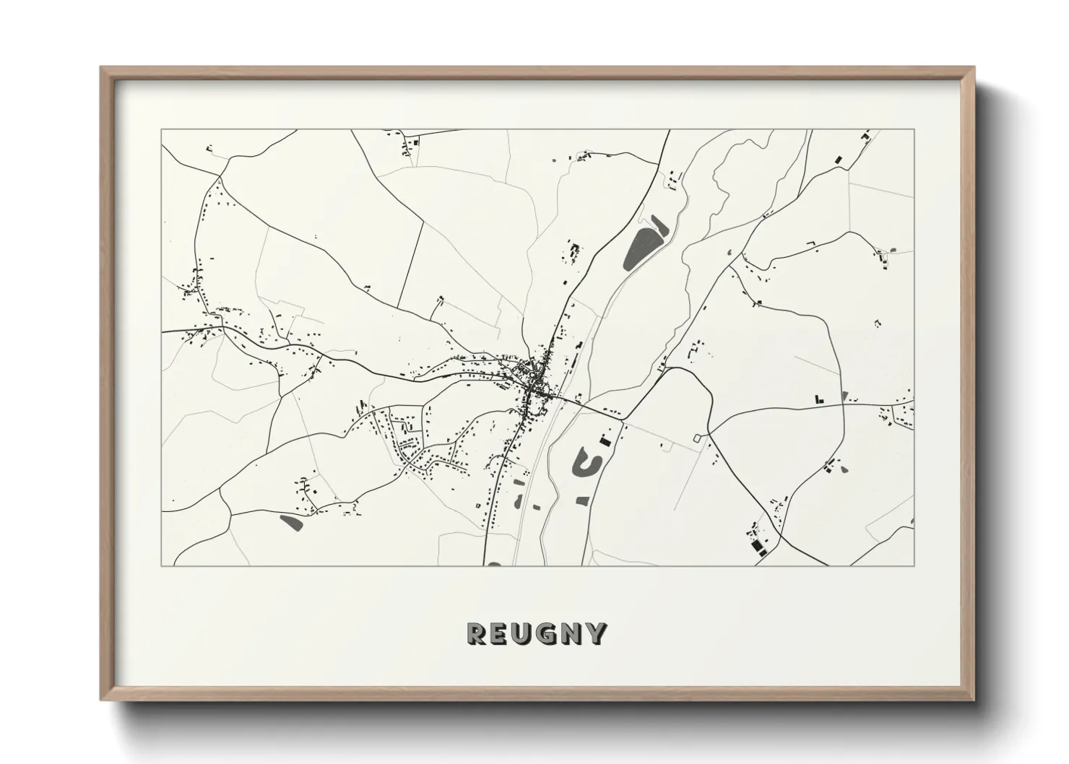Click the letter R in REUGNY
coord(478,633)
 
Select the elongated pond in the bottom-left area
coord(290,521)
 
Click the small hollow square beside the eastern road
coord(697,438)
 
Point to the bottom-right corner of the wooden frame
coord(973,700)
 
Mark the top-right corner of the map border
coord(914,130)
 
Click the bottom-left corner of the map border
coord(161,565)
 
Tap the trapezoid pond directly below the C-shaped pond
coord(583,499)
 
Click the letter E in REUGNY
coord(501,633)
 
